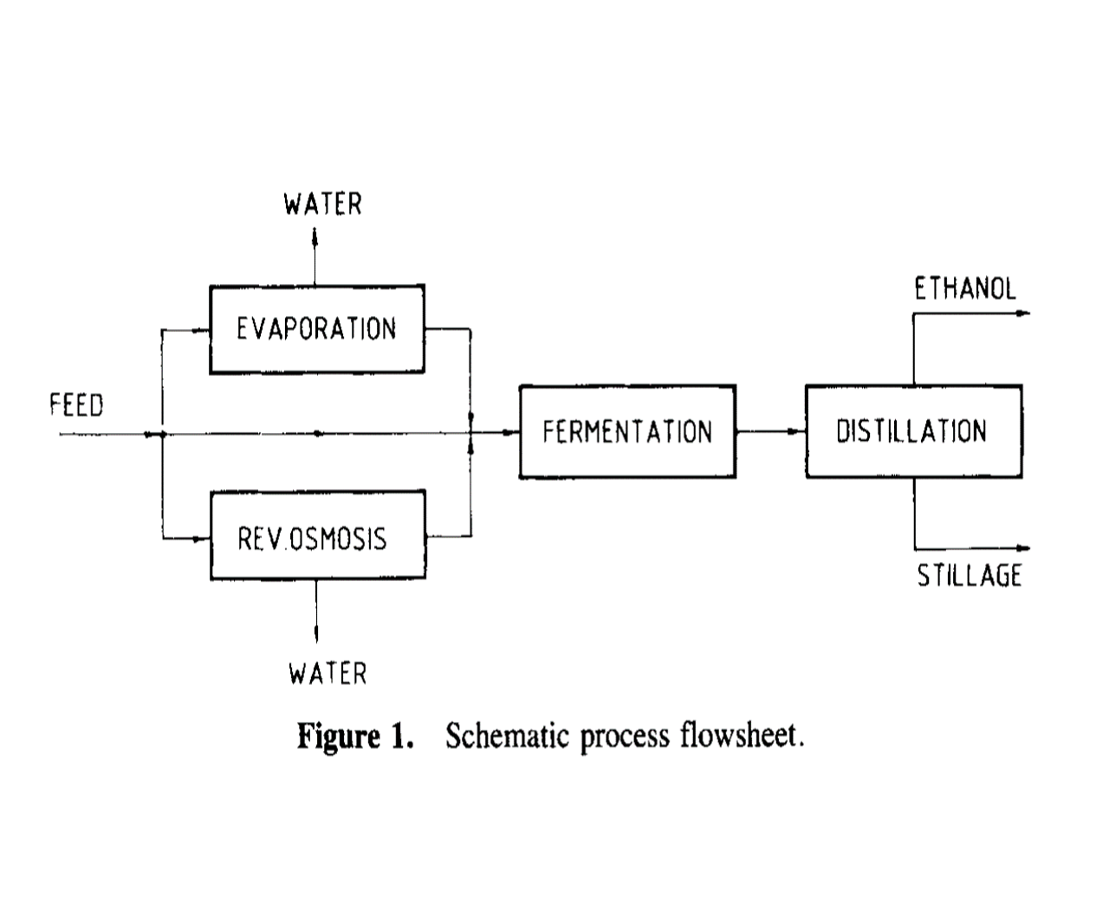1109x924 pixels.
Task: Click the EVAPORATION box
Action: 317,329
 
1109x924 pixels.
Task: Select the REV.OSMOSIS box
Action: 317,536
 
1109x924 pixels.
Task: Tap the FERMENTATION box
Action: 627,431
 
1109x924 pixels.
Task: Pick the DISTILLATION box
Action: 912,431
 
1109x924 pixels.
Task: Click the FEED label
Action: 76,405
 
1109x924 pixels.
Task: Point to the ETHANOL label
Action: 965,289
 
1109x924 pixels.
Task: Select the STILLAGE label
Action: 970,576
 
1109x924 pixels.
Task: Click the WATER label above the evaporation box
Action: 322,204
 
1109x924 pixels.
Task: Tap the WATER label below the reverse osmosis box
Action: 328,673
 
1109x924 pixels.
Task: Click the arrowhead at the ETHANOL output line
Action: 1024,313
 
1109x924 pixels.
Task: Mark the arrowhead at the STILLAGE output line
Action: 1024,548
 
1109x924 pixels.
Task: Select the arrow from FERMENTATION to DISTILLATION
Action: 770,431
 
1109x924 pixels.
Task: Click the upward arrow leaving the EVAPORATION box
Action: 315,236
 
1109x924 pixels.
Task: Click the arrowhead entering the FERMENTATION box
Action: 512,431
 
